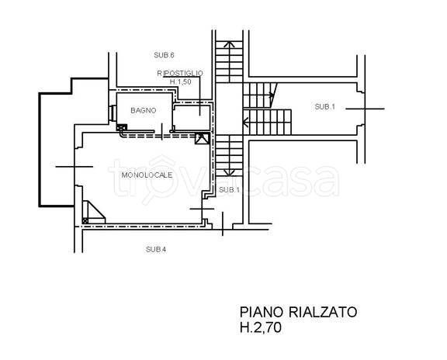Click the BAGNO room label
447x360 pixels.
144,110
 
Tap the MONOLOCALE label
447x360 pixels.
147,175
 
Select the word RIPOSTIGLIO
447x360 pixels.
180,73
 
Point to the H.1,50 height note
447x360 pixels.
181,81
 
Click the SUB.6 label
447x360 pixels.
164,55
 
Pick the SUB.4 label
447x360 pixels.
156,249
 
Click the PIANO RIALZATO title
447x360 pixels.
298,312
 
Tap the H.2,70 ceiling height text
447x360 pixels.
261,327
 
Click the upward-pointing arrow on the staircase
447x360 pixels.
229,44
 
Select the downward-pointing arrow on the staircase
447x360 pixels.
229,172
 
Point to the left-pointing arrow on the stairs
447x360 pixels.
245,123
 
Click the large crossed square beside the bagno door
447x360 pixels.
202,139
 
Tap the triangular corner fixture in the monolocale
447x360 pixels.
94,212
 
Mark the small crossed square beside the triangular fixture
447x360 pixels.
85,220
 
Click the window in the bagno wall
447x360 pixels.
113,113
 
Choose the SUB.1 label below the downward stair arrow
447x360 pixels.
230,190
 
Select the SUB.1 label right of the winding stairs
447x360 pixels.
325,106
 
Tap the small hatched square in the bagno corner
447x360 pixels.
122,127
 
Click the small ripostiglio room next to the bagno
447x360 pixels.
192,117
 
